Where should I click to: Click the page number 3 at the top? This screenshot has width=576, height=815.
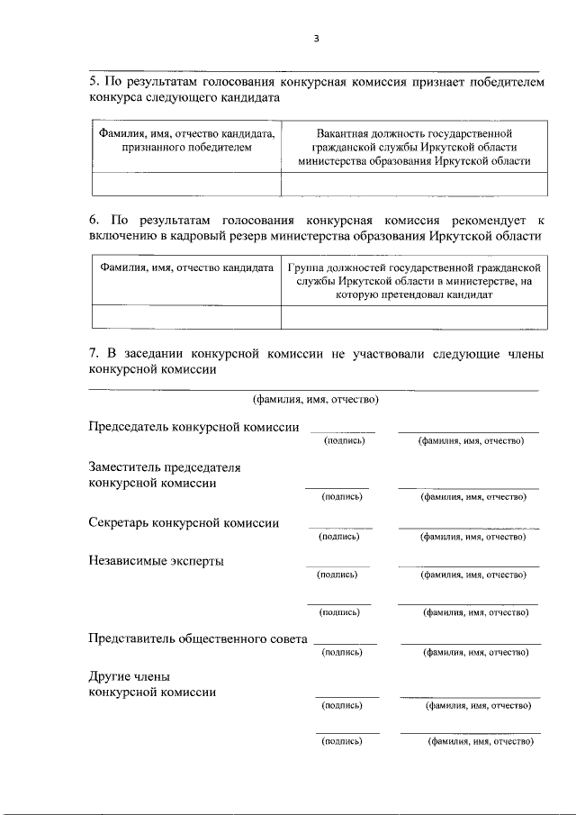click(316, 38)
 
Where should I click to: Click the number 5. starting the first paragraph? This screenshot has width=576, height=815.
click(94, 81)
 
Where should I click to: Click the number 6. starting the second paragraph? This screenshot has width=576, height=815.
click(94, 219)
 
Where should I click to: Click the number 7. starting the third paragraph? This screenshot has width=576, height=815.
click(94, 354)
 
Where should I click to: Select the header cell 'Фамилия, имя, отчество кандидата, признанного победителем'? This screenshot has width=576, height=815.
click(186, 140)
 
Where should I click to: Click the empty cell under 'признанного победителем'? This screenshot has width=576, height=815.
click(186, 184)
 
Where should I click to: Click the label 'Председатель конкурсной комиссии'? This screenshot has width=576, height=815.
click(193, 427)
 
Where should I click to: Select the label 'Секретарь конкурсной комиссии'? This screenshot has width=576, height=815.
click(184, 522)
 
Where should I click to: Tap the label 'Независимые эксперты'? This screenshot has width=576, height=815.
click(156, 561)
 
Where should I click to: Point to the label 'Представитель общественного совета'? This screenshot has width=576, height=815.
click(198, 638)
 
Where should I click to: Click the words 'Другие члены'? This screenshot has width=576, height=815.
click(129, 676)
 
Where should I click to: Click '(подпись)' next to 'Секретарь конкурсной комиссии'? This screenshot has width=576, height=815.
click(339, 537)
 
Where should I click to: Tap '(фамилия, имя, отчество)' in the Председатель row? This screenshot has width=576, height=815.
click(471, 440)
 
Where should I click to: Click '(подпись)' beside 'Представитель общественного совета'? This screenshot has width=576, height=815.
click(343, 652)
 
